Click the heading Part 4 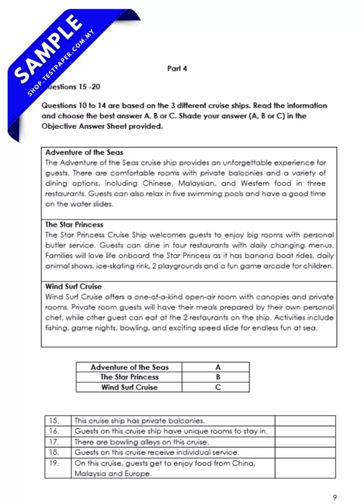[x=177, y=69]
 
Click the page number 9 [x=334, y=497]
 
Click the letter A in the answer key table [x=217, y=367]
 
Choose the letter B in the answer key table [x=217, y=377]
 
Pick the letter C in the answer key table [x=217, y=387]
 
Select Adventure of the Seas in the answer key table [x=129, y=367]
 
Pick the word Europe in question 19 [x=137, y=474]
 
